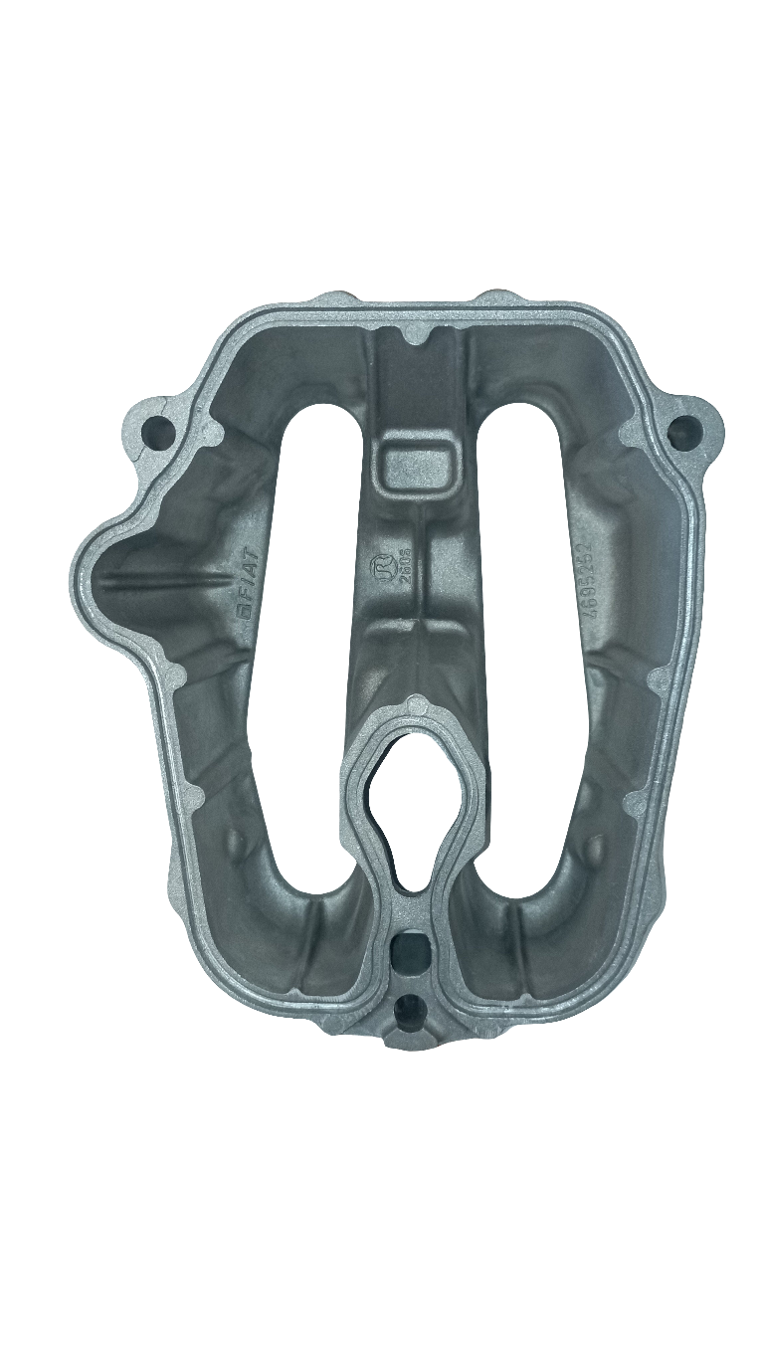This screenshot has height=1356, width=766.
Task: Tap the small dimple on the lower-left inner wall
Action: click(x=236, y=841)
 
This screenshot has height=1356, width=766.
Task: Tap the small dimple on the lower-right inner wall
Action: click(x=594, y=848)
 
